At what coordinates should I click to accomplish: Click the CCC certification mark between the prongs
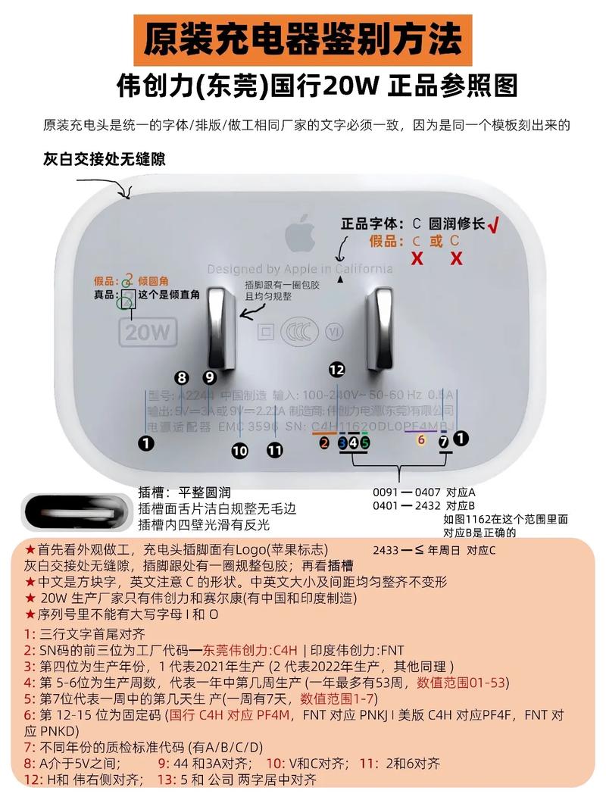pyautogui.click(x=298, y=332)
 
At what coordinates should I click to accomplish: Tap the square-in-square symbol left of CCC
pyautogui.click(x=265, y=332)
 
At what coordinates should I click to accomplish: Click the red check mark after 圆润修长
pyautogui.click(x=496, y=223)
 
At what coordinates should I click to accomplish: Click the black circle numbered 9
pyautogui.click(x=209, y=377)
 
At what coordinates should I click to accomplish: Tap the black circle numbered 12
pyautogui.click(x=336, y=369)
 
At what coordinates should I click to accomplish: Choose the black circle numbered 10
pyautogui.click(x=239, y=451)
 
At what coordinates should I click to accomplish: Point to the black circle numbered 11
pyautogui.click(x=274, y=451)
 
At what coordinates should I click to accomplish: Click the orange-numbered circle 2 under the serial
pyautogui.click(x=324, y=442)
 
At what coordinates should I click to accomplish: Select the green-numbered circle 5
pyautogui.click(x=364, y=442)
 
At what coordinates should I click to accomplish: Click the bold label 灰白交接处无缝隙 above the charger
pyautogui.click(x=105, y=160)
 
